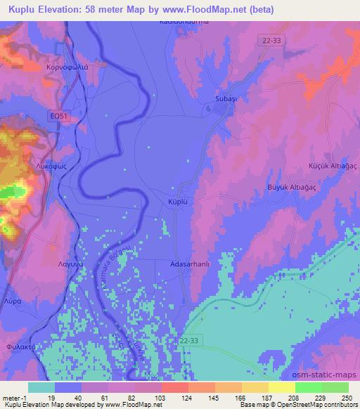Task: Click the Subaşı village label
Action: pos(226,99)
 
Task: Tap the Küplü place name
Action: pos(181,201)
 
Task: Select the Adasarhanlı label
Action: pos(187,266)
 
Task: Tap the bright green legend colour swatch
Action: pos(309,387)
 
